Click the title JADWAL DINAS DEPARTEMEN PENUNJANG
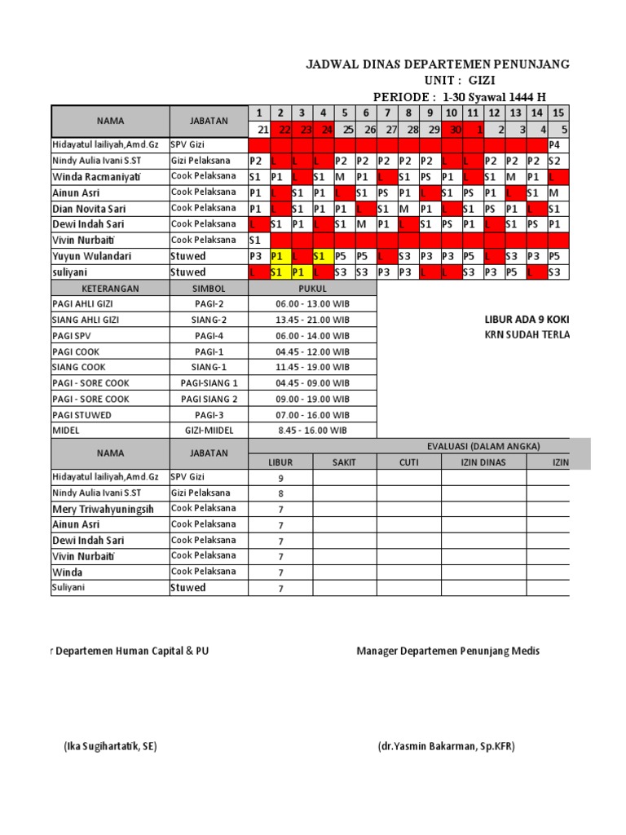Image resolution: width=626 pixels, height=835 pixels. click(x=437, y=64)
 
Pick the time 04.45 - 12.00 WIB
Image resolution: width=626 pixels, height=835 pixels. click(x=313, y=351)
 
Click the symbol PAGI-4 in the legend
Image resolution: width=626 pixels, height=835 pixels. click(x=209, y=336)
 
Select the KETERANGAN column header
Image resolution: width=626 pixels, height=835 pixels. click(x=110, y=289)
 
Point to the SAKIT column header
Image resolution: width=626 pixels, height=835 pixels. click(x=345, y=462)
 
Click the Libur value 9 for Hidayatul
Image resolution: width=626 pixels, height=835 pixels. click(x=280, y=479)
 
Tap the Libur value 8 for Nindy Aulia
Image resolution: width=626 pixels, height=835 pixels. click(x=280, y=493)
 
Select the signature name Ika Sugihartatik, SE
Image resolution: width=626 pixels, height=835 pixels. click(x=110, y=746)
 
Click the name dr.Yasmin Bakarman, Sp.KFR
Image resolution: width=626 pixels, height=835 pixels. click(x=446, y=746)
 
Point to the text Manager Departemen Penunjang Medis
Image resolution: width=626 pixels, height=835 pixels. click(x=447, y=651)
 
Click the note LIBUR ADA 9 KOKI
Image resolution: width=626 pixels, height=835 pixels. click(x=527, y=320)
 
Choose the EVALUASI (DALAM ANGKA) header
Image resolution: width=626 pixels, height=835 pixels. click(x=483, y=446)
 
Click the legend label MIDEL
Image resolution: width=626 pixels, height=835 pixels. click(x=66, y=431)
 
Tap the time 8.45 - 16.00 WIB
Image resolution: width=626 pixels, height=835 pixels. click(x=313, y=431)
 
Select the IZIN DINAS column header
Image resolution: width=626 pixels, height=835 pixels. click(x=483, y=462)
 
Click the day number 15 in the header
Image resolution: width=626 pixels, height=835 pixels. click(x=558, y=113)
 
